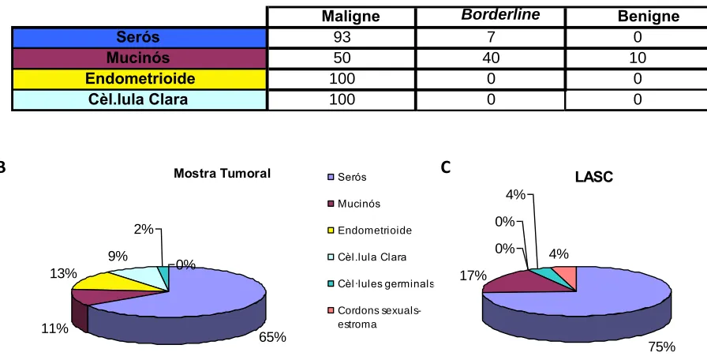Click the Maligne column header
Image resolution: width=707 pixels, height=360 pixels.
350,17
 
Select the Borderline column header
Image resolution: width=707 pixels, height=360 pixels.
500,15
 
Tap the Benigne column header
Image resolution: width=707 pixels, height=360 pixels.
648,17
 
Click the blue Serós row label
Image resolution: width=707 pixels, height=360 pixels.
138,37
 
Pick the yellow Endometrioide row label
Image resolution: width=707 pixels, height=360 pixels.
140,79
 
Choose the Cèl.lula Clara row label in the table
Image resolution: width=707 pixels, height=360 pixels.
138,99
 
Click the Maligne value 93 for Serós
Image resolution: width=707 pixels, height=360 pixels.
342,37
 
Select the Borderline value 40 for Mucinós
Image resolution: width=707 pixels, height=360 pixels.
491,58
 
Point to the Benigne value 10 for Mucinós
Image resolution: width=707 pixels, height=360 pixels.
638,58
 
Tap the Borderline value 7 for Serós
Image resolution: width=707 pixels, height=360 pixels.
491,37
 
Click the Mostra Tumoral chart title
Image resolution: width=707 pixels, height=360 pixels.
223,173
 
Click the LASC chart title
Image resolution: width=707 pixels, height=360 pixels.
594,178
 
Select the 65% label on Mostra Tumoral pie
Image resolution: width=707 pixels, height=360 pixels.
272,337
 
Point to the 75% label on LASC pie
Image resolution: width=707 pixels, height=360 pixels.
662,347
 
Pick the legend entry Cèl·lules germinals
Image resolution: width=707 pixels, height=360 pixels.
380,283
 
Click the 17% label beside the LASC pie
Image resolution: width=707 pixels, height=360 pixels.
473,276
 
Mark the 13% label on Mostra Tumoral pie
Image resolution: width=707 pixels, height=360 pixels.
64,273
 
